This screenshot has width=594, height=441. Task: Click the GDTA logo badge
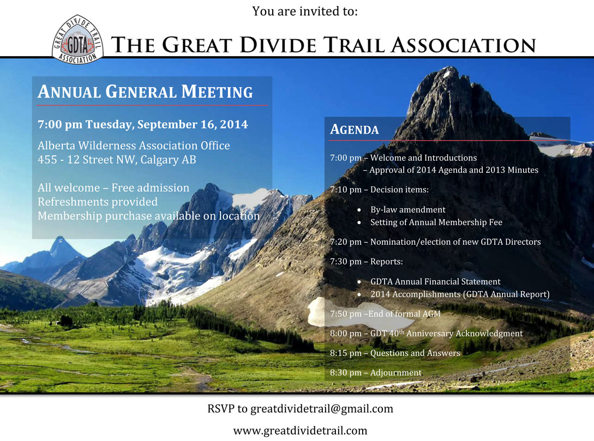pyautogui.click(x=77, y=40)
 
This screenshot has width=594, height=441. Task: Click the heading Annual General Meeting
pyautogui.click(x=145, y=92)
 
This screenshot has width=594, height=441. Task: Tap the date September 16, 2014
pyautogui.click(x=193, y=124)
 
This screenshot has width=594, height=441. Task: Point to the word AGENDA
pyautogui.click(x=354, y=129)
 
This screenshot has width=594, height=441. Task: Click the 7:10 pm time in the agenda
pyautogui.click(x=345, y=190)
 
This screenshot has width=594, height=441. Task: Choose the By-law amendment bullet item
pyautogui.click(x=407, y=210)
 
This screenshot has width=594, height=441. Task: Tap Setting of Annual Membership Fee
pyautogui.click(x=436, y=222)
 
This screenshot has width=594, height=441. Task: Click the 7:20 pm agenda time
pyautogui.click(x=345, y=242)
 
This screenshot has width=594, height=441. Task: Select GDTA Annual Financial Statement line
pyautogui.click(x=435, y=282)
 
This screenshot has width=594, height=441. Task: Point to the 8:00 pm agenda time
pyautogui.click(x=345, y=334)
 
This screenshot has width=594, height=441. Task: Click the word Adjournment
pyautogui.click(x=396, y=373)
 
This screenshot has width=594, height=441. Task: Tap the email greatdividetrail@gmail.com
pyautogui.click(x=322, y=409)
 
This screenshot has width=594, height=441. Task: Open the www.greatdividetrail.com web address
pyautogui.click(x=300, y=431)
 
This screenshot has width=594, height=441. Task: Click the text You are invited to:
pyautogui.click(x=305, y=11)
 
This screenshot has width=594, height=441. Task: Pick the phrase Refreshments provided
pyautogui.click(x=98, y=202)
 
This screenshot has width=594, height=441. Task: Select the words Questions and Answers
pyautogui.click(x=415, y=353)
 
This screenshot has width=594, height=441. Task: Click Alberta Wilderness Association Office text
pyautogui.click(x=134, y=146)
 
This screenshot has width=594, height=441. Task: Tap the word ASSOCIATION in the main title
pyautogui.click(x=463, y=45)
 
